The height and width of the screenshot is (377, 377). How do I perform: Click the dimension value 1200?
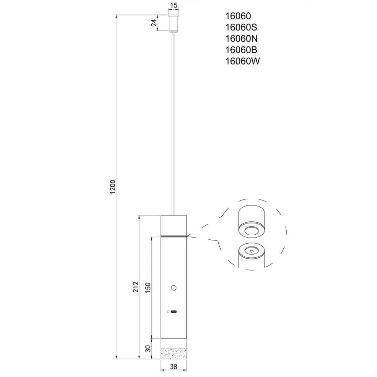pos(113,187)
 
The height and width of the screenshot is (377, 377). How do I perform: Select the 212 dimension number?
pos(136,287)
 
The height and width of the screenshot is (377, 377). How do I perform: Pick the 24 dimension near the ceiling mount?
pos(154,23)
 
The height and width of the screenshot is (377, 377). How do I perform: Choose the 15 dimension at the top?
pos(173,5)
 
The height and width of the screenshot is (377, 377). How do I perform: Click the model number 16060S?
pos(241,27)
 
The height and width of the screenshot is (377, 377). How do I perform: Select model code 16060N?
pos(241,39)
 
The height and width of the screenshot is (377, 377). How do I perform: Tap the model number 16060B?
pos(241,50)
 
